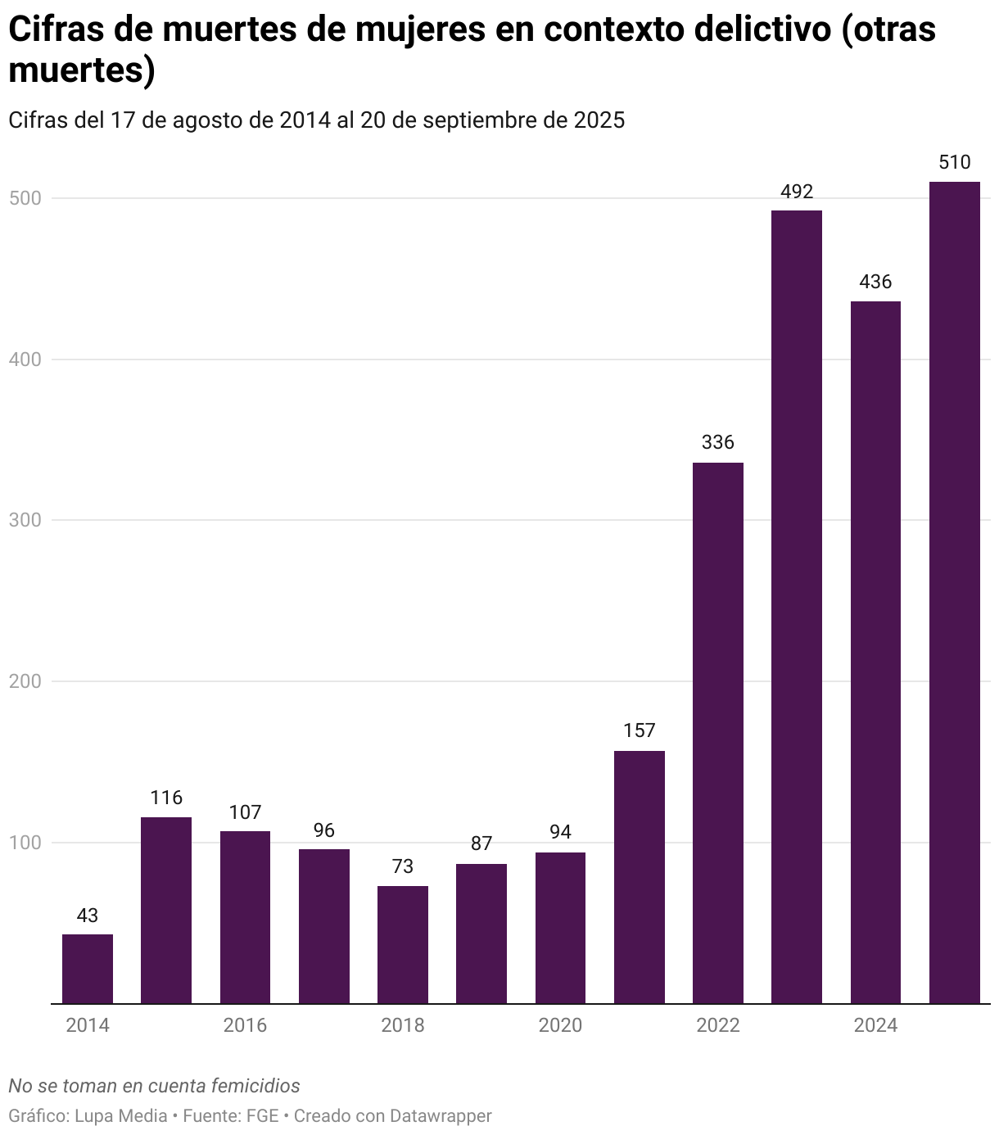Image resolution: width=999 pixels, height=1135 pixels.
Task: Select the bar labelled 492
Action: point(797,606)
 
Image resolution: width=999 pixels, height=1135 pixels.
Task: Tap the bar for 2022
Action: point(718,732)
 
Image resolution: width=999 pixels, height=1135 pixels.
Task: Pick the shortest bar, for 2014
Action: point(88,969)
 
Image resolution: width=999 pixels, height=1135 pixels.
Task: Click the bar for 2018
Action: point(403,944)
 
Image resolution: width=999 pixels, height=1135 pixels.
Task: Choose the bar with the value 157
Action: point(640,876)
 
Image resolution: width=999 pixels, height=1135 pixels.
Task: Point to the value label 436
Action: point(875,283)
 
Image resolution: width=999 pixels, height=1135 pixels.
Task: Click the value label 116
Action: point(166,798)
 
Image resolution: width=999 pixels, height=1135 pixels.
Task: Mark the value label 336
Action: point(718,443)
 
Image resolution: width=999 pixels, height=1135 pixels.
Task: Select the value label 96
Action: point(324,831)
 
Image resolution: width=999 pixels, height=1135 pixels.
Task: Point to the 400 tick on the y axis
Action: point(25,359)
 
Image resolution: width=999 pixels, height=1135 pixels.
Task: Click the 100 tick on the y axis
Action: point(25,843)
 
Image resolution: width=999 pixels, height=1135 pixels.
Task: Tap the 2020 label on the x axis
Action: point(560,1025)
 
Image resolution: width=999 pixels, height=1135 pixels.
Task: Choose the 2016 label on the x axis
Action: point(245,1025)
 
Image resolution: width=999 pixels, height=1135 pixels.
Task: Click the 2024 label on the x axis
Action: point(875,1025)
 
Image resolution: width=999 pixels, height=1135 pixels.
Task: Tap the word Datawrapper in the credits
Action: point(441,1115)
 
